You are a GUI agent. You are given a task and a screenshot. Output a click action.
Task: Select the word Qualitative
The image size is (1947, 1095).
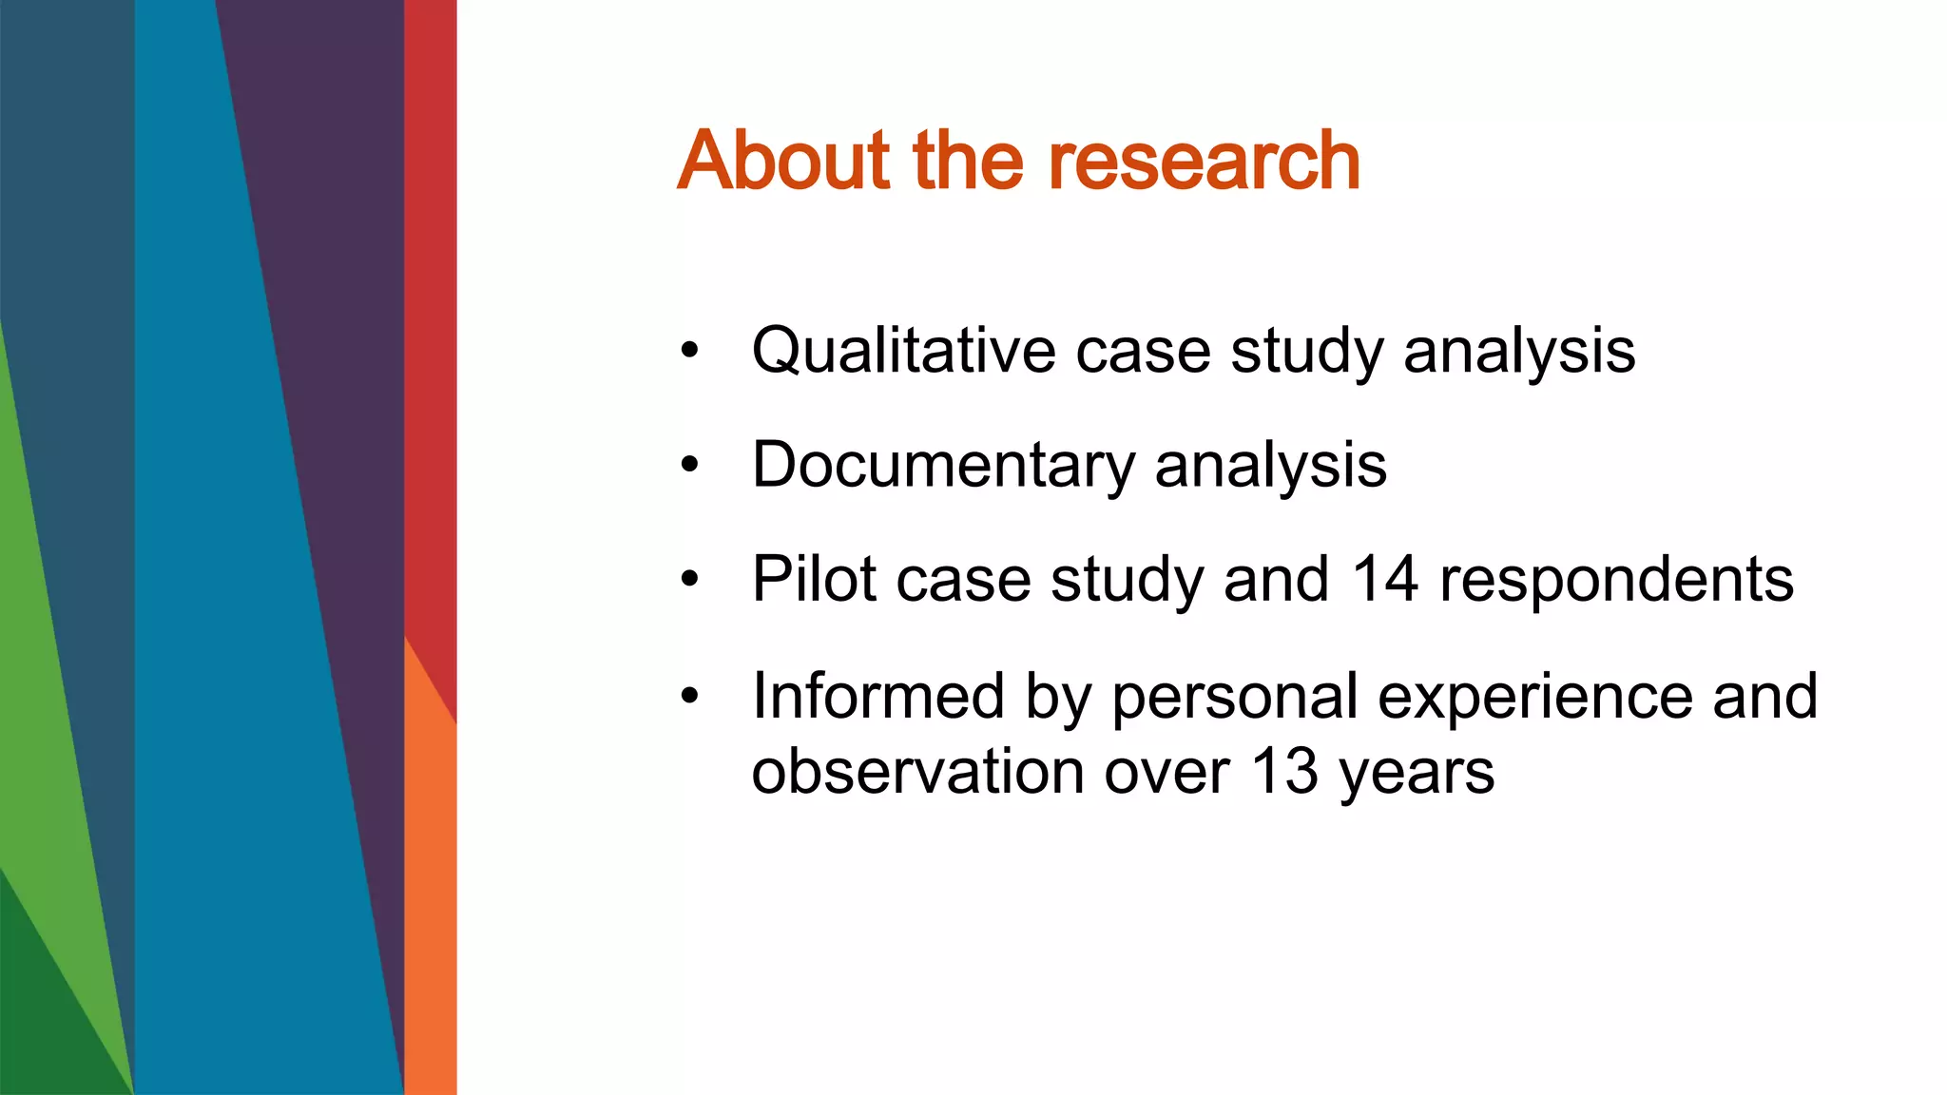click(x=902, y=351)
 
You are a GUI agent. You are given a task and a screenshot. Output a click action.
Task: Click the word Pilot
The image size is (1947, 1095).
click(x=814, y=579)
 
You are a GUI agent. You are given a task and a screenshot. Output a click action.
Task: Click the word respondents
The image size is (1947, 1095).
click(x=1616, y=579)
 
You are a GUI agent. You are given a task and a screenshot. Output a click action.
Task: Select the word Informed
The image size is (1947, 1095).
click(x=877, y=696)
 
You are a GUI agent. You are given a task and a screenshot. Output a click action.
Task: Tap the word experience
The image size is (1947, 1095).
click(x=1534, y=698)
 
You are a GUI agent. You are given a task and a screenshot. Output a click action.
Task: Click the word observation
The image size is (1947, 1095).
click(x=917, y=771)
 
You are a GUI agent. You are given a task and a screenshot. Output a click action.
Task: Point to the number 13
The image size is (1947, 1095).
click(x=1284, y=771)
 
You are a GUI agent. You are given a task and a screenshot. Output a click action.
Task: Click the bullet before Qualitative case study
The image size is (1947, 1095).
click(x=689, y=352)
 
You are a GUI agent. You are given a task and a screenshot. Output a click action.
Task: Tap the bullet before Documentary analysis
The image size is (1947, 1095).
click(x=689, y=466)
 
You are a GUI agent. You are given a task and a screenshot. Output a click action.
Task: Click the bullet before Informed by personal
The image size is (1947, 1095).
click(x=689, y=697)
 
